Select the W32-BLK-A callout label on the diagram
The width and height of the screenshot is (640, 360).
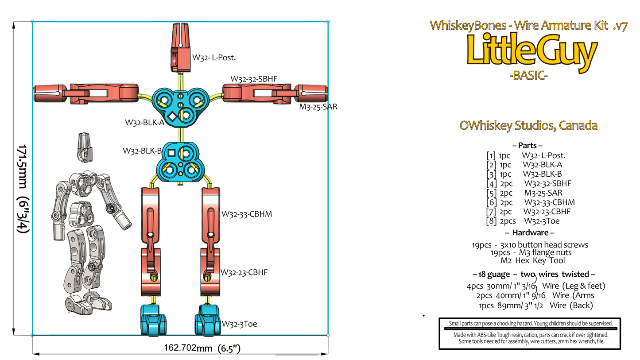pos(145,122)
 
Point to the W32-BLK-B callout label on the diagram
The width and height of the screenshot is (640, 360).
pos(142,151)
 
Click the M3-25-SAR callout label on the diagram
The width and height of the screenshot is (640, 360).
pos(318,107)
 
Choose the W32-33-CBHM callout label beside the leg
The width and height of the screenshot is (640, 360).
pos(247,214)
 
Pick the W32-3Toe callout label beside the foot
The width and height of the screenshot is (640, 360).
pos(239,324)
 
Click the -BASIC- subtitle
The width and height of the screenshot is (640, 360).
pos(529,76)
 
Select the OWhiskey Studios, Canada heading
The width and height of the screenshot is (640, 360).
pos(529,126)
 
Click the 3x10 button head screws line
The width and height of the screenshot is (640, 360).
pos(531,244)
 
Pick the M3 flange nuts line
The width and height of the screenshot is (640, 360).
pos(531,252)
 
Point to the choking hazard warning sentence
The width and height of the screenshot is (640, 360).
pos(531,324)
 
